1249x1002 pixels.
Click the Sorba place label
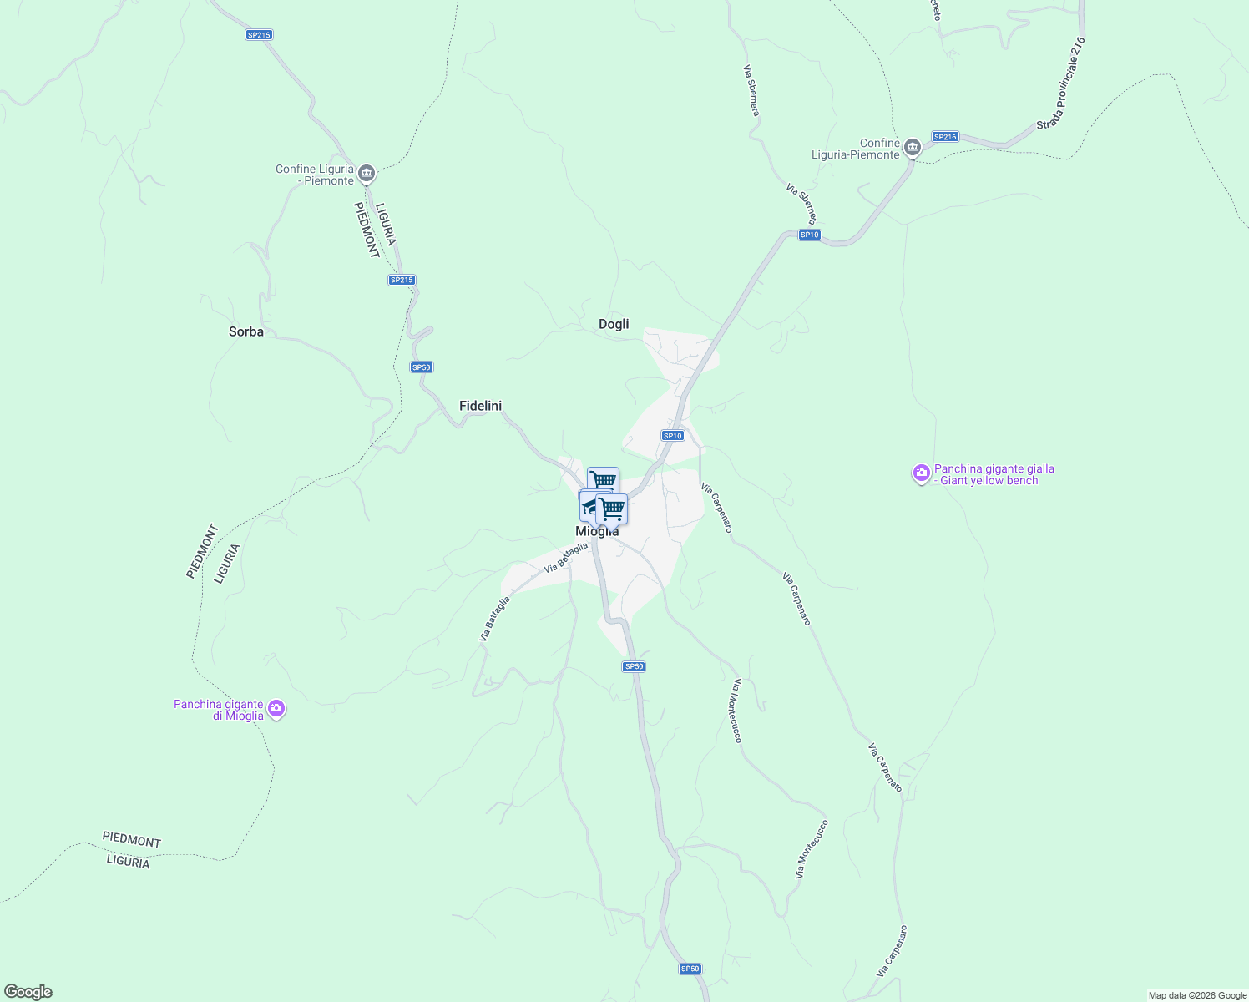[x=246, y=331]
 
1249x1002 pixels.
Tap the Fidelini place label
[x=480, y=406]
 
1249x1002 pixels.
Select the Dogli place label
[x=614, y=324]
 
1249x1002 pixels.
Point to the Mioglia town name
[x=597, y=532]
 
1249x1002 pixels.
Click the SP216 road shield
[x=945, y=136]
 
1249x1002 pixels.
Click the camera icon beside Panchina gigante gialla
[x=921, y=474]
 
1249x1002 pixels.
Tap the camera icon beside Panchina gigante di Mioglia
[x=276, y=710]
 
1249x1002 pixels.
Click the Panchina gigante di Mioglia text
[x=219, y=710]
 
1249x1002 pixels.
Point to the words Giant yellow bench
[x=989, y=481]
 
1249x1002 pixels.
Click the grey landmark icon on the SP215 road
[x=366, y=175]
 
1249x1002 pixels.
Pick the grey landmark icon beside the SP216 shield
[x=912, y=148]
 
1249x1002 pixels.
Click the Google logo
[x=28, y=992]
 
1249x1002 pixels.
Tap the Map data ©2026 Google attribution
[x=1197, y=995]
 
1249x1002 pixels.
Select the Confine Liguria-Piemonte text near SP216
[x=856, y=149]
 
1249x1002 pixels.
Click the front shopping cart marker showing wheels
[x=612, y=508]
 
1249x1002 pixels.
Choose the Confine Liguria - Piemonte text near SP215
[x=315, y=175]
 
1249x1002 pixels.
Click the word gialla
[x=1038, y=469]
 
